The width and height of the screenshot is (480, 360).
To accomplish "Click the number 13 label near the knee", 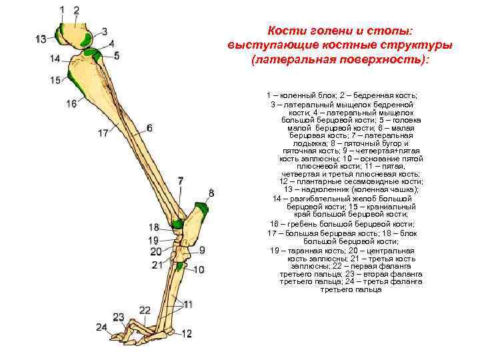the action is pyautogui.click(x=41, y=39).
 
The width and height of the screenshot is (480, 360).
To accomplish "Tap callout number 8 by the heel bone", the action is pyautogui.click(x=211, y=193).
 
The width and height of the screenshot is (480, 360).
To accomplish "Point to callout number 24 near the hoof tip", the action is pyautogui.click(x=101, y=327).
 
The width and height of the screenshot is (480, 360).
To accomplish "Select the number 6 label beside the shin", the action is pyautogui.click(x=149, y=127).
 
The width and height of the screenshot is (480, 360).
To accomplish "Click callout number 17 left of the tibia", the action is pyautogui.click(x=103, y=133).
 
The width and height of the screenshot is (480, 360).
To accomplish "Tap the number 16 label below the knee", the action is pyautogui.click(x=71, y=104).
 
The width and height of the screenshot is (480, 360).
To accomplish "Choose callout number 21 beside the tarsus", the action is pyautogui.click(x=157, y=265).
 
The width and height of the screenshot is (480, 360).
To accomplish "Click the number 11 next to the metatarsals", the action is pyautogui.click(x=188, y=304).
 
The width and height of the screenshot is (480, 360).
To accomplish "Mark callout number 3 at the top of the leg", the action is pyautogui.click(x=105, y=31).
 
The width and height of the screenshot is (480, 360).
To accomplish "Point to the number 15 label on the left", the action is pyautogui.click(x=55, y=81).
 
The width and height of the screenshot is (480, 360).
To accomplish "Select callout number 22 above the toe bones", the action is pyautogui.click(x=145, y=311).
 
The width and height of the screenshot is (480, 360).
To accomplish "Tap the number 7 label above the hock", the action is pyautogui.click(x=180, y=181).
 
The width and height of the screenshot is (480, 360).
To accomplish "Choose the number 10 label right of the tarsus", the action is pyautogui.click(x=199, y=269).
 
